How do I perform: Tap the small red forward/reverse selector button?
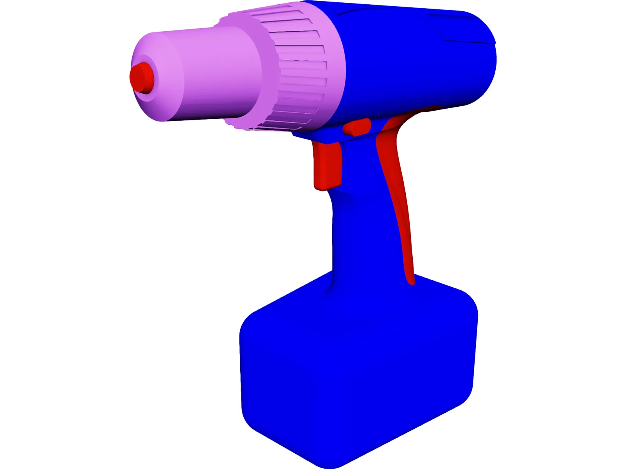[x=357, y=127]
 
